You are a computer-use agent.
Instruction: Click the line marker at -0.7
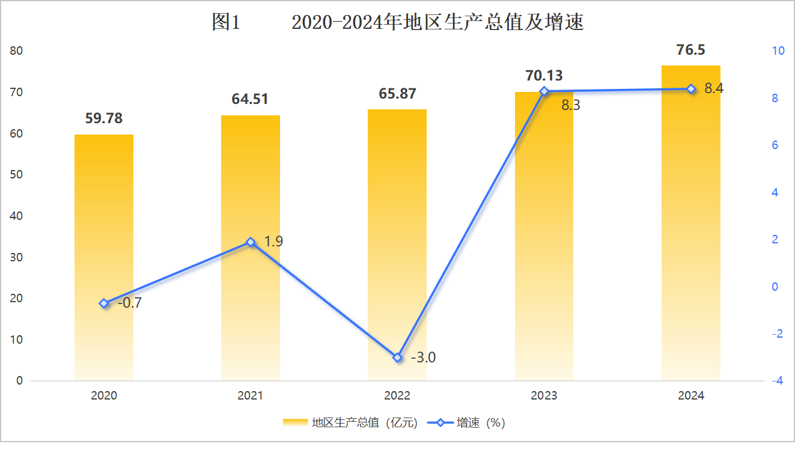pos(104,303)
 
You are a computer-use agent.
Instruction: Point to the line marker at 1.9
pos(251,242)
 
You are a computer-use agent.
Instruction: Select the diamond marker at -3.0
pos(397,357)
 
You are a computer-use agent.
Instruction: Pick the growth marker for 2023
pos(544,91)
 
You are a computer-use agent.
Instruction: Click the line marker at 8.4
pos(691,89)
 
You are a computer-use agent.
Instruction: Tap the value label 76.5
pos(690,50)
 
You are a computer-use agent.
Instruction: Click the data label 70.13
pos(544,76)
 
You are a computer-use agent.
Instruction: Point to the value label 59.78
pos(104,118)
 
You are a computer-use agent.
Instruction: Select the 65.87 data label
pos(397,94)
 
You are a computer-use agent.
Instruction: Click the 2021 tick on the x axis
pos(251,396)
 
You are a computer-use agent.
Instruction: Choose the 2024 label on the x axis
pos(690,396)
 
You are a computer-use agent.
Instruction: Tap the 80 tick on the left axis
pos(17,51)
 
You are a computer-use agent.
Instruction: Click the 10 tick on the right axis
pos(778,51)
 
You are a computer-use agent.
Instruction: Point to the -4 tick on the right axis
pos(778,381)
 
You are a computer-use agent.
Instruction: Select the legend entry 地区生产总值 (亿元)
pos(350,423)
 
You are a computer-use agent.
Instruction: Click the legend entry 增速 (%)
pos(466,423)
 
